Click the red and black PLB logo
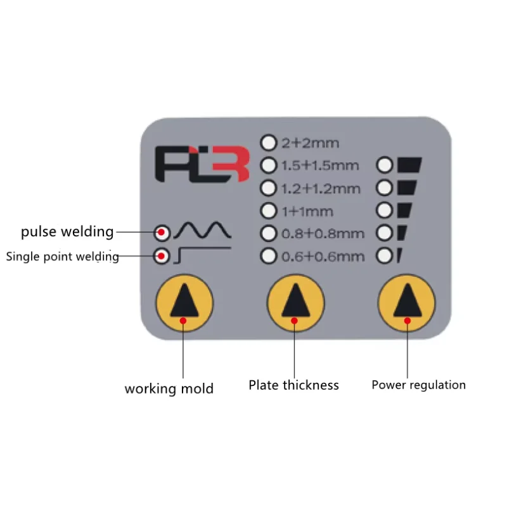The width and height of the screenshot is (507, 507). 197,164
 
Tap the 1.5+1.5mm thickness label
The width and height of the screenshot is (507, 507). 320,165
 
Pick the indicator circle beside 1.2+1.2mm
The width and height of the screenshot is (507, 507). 269,188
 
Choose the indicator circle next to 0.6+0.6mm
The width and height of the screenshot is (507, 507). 269,256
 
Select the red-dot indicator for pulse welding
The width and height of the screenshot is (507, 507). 162,233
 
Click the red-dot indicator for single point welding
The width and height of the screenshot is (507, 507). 162,257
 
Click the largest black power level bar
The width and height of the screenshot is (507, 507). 409,165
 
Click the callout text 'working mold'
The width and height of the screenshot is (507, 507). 169,388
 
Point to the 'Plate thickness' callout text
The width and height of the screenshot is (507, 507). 293,385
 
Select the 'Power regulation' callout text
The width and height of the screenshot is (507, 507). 418,385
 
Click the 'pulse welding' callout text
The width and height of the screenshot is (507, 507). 67,232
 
